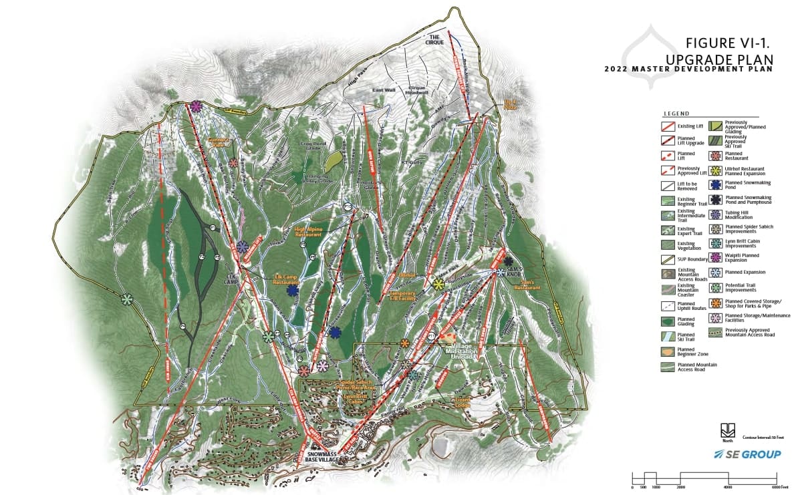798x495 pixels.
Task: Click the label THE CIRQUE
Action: pos(436,39)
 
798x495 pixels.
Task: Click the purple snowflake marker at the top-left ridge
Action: pos(196,106)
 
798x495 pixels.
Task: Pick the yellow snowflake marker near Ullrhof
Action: pos(438,285)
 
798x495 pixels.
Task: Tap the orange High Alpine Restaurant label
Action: pos(309,232)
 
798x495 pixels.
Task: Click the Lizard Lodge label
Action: pos(463,401)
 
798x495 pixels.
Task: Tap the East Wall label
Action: pos(384,90)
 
